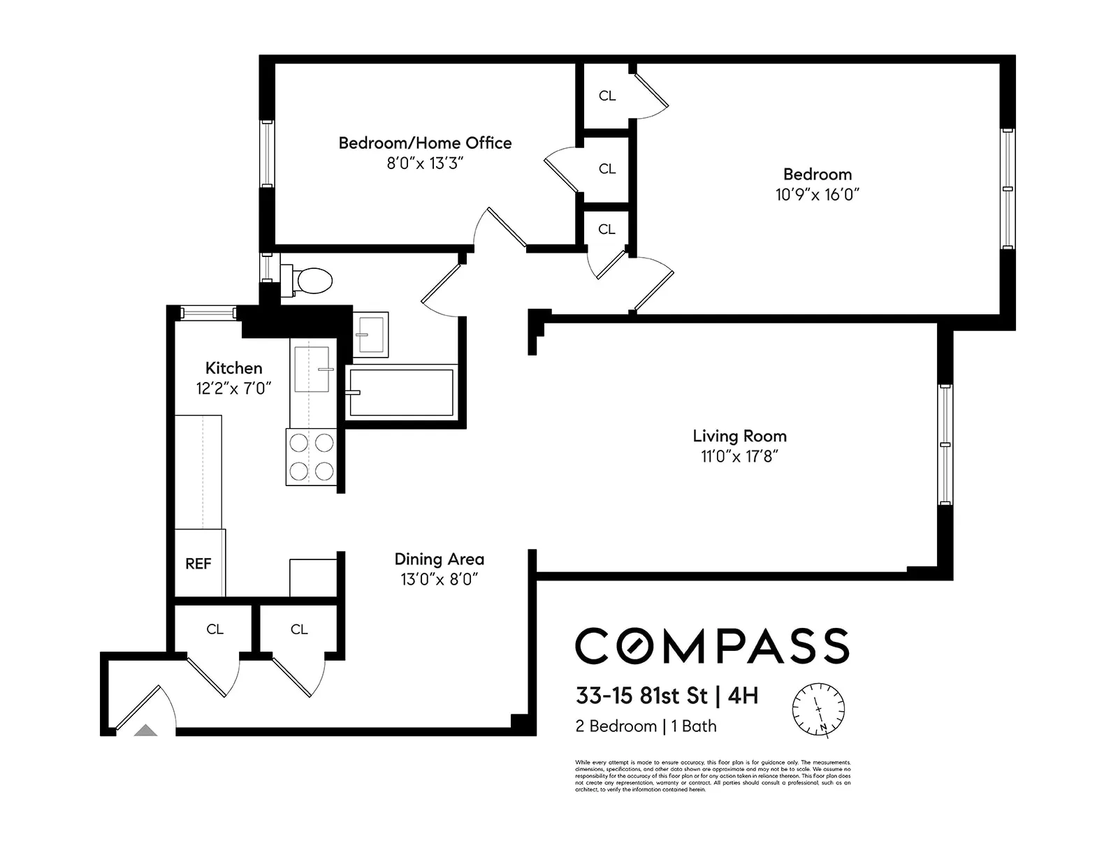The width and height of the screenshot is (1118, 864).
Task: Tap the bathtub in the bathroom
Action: pos(401,393)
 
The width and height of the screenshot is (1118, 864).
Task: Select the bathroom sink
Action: pos(370,334)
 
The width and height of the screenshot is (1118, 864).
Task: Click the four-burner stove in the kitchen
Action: pos(311,456)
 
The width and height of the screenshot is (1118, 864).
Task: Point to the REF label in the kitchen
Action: pos(198,564)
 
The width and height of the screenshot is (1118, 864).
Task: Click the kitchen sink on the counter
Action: pos(312,369)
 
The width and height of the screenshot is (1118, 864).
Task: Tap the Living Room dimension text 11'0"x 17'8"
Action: pos(739,456)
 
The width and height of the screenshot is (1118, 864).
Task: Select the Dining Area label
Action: pos(439,559)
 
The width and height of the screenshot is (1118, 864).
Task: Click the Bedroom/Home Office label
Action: pos(425,143)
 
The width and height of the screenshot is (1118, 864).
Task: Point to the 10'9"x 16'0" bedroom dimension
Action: pos(817,194)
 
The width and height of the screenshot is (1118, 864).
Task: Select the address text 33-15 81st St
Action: pos(641,696)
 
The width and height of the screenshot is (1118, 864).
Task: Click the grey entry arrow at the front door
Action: pos(145,731)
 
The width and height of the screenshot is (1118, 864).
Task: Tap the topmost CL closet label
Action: pos(607,96)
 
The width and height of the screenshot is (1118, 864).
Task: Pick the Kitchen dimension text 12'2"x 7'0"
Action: pos(233,388)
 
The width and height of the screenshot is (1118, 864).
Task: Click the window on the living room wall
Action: pos(945,444)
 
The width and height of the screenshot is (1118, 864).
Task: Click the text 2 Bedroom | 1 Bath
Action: pos(646,726)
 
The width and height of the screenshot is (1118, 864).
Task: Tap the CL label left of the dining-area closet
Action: pos(215,629)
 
